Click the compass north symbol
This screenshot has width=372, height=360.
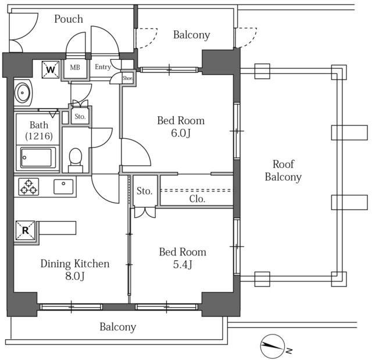click(273, 346)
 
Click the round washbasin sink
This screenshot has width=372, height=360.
click(22, 93)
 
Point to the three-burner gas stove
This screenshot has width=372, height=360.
click(28, 187)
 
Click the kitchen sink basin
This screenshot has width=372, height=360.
click(63, 187)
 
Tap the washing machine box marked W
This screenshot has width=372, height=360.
click(51, 70)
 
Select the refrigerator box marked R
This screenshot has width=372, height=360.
click(26, 231)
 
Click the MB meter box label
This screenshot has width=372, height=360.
click(75, 67)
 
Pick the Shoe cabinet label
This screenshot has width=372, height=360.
click(127, 78)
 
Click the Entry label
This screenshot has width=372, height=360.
click(103, 67)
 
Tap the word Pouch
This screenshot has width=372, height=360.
click(69, 19)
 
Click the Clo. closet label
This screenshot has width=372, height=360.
click(197, 199)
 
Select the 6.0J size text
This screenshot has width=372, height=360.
click(181, 133)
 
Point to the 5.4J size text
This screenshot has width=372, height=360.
click(183, 265)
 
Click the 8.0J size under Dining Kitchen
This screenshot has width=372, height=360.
click(75, 276)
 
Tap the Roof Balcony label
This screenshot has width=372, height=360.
click(283, 171)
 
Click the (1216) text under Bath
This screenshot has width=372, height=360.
click(39, 136)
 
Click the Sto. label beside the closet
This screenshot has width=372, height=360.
click(145, 191)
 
